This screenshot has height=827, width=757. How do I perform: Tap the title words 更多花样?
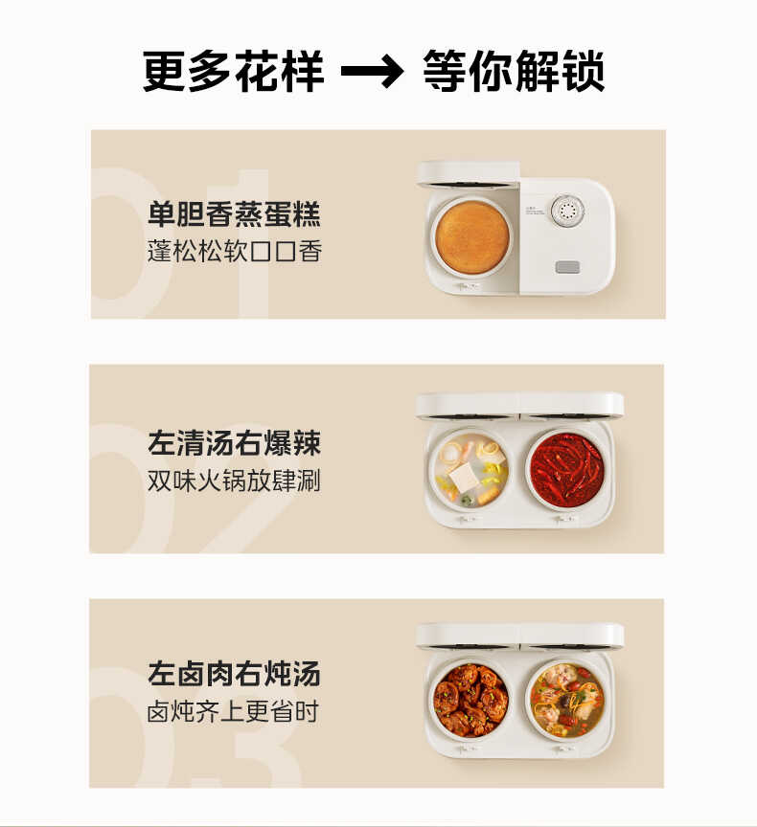coord(234,72)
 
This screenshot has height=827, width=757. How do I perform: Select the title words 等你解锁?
coord(514,72)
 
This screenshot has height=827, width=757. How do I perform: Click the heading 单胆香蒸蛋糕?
coord(234,213)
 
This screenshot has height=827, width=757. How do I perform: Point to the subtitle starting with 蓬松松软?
coord(234,252)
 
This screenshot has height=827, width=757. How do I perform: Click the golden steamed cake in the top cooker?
coord(471,237)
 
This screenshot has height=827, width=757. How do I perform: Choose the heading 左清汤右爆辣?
coord(234,443)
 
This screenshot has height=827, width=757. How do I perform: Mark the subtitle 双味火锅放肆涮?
coord(234,481)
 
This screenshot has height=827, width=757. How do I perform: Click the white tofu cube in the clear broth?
coord(467,476)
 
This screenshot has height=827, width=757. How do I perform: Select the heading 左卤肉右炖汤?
coord(234,674)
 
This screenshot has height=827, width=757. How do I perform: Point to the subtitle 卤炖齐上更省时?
coord(233,712)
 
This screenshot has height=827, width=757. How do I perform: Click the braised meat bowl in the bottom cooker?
coord(470,700)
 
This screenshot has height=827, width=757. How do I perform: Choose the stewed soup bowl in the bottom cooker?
coord(567,700)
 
